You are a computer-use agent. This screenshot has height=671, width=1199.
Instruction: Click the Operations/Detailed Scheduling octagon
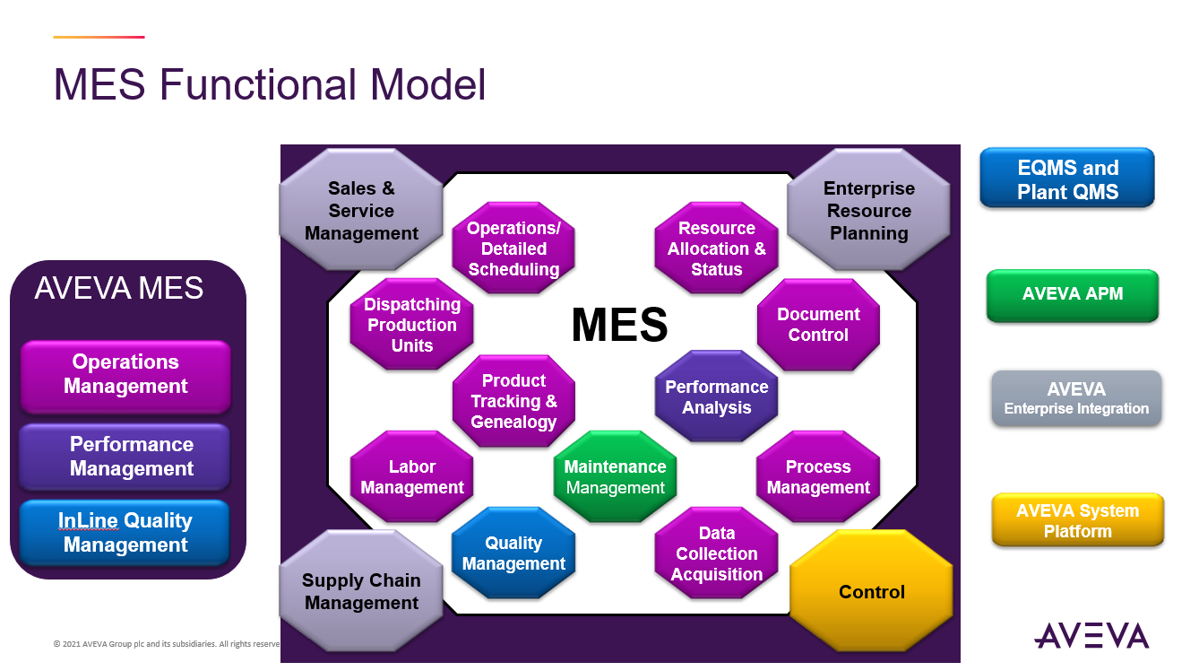pyautogui.click(x=513, y=248)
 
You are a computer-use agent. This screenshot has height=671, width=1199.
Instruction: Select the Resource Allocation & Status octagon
pyautogui.click(x=717, y=248)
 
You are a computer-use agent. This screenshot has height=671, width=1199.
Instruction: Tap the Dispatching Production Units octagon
pyautogui.click(x=412, y=325)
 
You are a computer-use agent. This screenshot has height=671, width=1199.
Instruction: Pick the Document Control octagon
pyautogui.click(x=818, y=325)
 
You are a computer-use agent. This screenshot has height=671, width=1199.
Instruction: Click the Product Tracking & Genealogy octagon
pyautogui.click(x=513, y=401)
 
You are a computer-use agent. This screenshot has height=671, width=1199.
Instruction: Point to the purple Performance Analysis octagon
pyautogui.click(x=717, y=396)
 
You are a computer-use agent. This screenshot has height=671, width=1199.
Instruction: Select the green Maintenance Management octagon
pyautogui.click(x=616, y=477)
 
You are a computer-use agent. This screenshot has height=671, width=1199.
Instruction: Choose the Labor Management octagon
pyautogui.click(x=412, y=477)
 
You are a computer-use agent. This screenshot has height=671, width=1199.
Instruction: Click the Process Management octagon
pyautogui.click(x=818, y=477)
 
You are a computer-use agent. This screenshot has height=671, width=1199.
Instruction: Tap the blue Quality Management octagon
pyautogui.click(x=513, y=553)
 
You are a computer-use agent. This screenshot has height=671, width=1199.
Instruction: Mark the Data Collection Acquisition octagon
pyautogui.click(x=717, y=553)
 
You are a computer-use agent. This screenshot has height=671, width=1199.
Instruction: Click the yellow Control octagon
pyautogui.click(x=871, y=592)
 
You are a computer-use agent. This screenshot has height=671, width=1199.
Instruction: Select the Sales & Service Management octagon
pyautogui.click(x=361, y=211)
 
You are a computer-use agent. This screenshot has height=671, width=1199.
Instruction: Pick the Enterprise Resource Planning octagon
pyautogui.click(x=868, y=211)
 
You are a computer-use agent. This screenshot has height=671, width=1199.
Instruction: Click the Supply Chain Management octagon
pyautogui.click(x=361, y=591)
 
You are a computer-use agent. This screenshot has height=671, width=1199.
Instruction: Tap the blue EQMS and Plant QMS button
pyautogui.click(x=1067, y=179)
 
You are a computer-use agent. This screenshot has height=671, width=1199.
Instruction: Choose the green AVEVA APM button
pyautogui.click(x=1073, y=295)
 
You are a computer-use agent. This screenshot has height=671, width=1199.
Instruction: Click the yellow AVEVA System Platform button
pyautogui.click(x=1077, y=521)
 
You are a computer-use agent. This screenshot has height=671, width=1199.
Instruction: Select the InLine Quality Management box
pyautogui.click(x=125, y=533)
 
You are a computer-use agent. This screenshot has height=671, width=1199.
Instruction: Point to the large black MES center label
pyautogui.click(x=619, y=325)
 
